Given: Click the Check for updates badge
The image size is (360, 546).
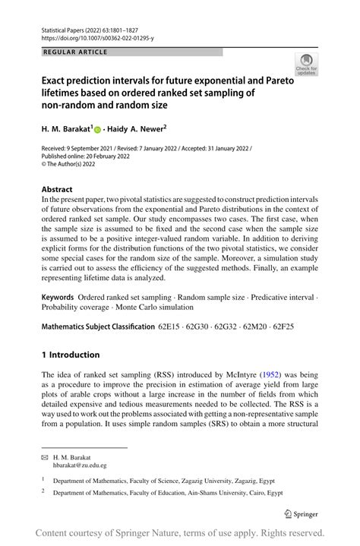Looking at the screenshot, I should click(307, 65).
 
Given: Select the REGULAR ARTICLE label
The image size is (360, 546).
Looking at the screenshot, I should click(77, 52).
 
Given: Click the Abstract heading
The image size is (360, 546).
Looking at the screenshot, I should click(58, 189).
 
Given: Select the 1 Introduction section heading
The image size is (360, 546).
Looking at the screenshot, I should click(71, 355).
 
